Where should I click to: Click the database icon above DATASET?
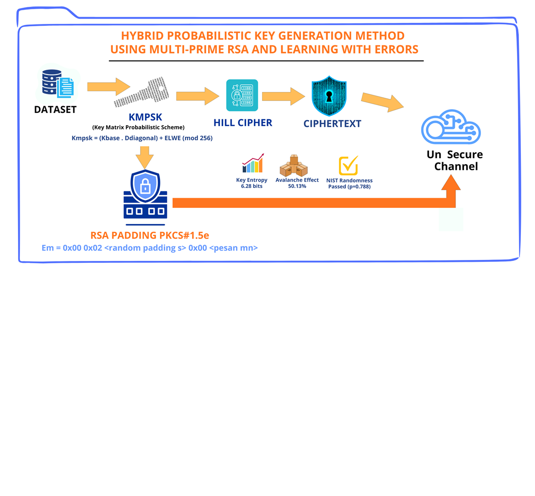click(x=57, y=85)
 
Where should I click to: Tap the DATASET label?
click(x=55, y=110)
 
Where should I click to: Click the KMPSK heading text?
click(x=145, y=117)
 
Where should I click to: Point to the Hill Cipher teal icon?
click(x=242, y=95)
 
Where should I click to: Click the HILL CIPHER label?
click(x=243, y=123)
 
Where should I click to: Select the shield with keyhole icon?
click(x=329, y=96)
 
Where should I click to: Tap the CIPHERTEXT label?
click(x=332, y=124)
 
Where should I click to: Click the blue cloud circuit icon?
click(x=450, y=128)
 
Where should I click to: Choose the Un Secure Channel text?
click(x=455, y=160)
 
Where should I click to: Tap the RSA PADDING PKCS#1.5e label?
click(x=150, y=236)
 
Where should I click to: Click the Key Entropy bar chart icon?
click(x=252, y=164)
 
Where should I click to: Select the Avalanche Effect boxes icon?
click(x=293, y=166)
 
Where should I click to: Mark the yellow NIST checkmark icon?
click(x=348, y=165)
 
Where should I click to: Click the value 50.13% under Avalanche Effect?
click(x=297, y=186)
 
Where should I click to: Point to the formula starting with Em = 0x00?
click(x=149, y=248)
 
